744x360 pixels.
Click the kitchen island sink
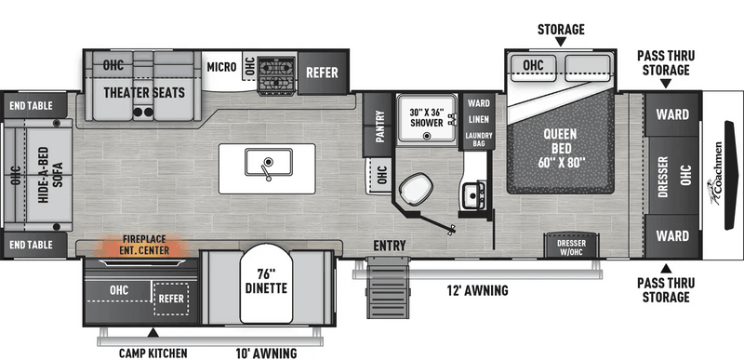(x=269, y=162)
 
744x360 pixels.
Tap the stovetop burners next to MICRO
(x=276, y=74)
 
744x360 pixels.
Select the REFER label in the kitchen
(x=322, y=73)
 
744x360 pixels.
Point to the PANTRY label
(x=379, y=126)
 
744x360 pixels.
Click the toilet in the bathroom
(x=416, y=188)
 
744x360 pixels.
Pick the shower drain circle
(x=427, y=136)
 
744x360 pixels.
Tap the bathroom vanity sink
(x=473, y=194)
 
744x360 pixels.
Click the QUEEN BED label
(x=561, y=148)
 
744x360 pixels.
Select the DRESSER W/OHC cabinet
(x=571, y=245)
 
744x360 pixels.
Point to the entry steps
(x=388, y=287)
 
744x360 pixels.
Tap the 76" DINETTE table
(x=266, y=283)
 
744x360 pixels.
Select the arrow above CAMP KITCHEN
(x=153, y=333)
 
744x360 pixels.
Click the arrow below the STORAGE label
(x=561, y=42)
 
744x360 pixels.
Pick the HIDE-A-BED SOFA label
(x=50, y=175)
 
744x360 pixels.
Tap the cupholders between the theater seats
(x=143, y=113)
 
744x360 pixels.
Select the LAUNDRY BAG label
(x=479, y=139)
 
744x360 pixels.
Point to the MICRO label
(x=221, y=67)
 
